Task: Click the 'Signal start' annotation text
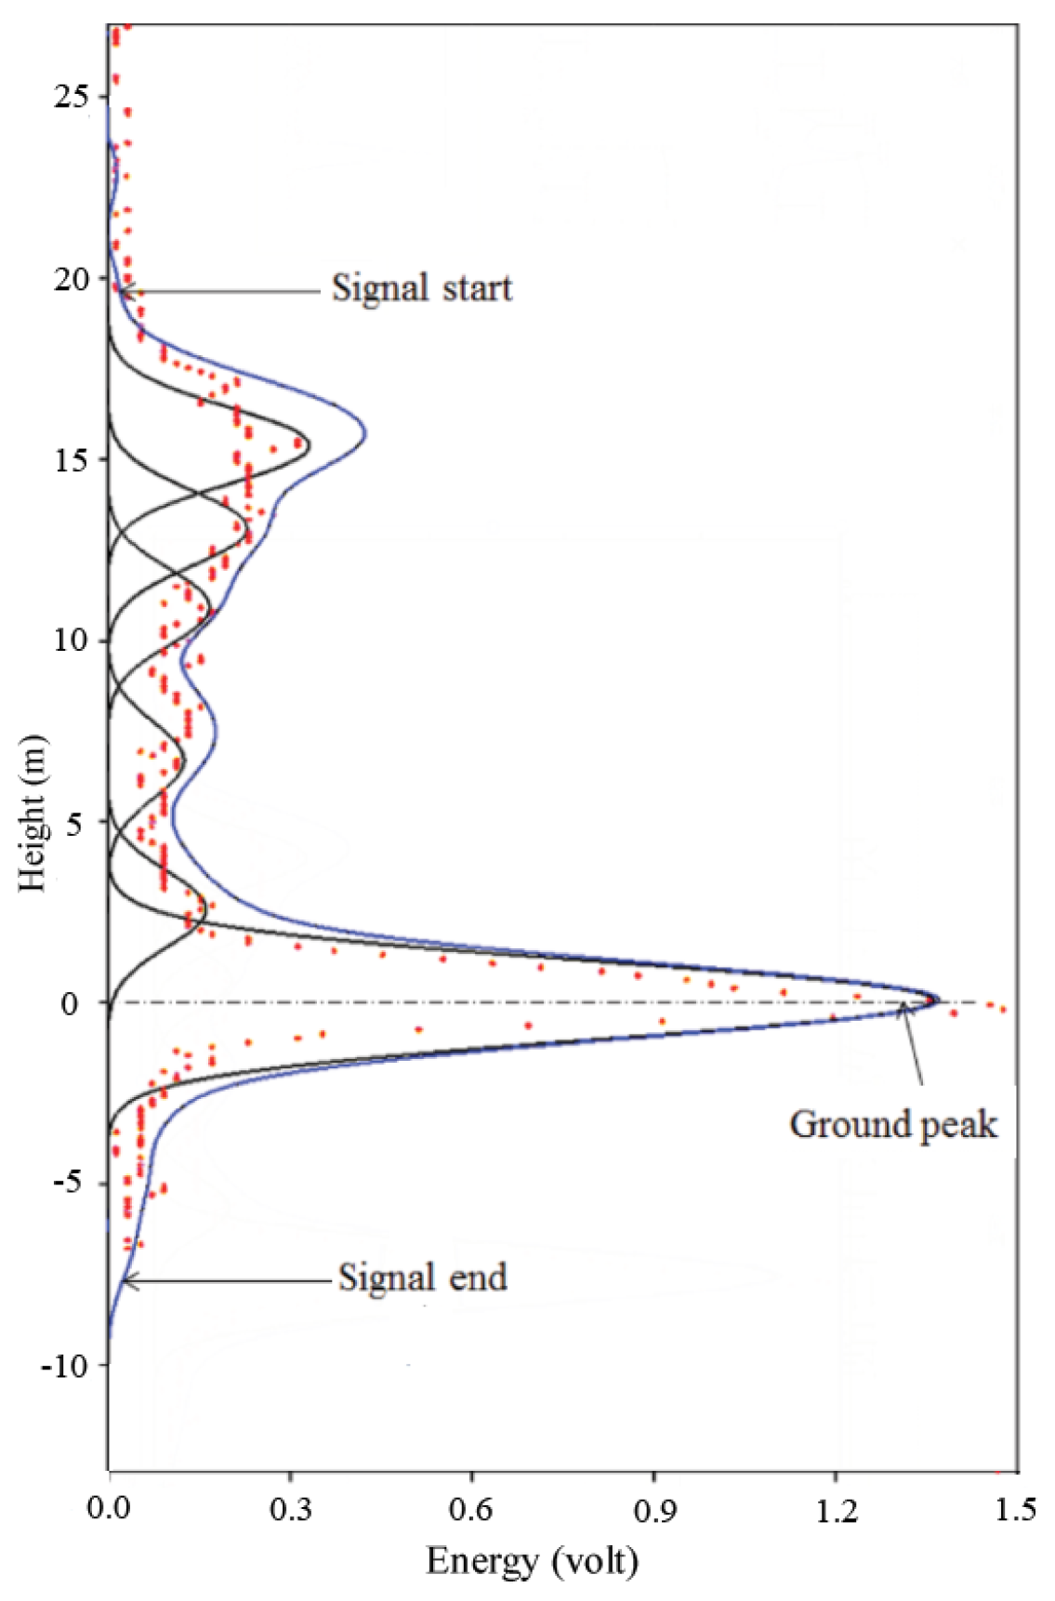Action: click(x=421, y=288)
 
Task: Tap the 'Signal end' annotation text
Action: click(x=422, y=1277)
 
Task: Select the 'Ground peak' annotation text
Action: click(x=892, y=1125)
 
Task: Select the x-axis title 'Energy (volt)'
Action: click(x=532, y=1561)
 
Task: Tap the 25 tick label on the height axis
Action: click(x=72, y=97)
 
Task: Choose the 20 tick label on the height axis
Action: click(x=72, y=279)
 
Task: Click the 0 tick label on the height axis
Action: click(x=71, y=1004)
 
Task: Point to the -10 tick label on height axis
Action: click(x=63, y=1367)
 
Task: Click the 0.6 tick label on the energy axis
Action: click(x=471, y=1511)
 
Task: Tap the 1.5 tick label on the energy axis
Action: click(x=1015, y=1511)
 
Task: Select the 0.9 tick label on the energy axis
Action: click(x=653, y=1511)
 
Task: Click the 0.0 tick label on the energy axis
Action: click(x=109, y=1511)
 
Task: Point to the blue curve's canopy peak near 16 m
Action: click(x=365, y=433)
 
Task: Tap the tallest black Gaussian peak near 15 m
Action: click(x=309, y=445)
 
